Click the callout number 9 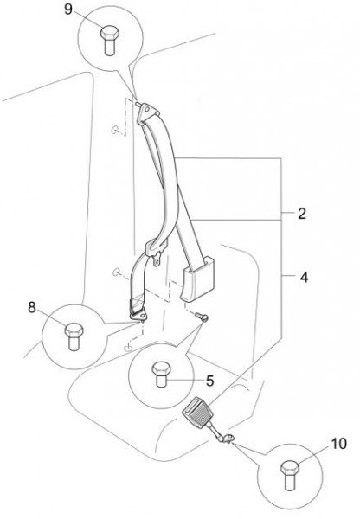tap(67, 9)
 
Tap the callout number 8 tap(32, 307)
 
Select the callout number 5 tap(209, 381)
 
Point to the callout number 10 tap(338, 444)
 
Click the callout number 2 tap(302, 214)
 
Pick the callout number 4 tap(304, 277)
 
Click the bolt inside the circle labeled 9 tap(110, 40)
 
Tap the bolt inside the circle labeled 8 tap(74, 336)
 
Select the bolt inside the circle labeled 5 tap(161, 374)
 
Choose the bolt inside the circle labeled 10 tap(290, 476)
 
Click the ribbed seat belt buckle tap(198, 413)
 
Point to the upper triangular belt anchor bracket tap(147, 114)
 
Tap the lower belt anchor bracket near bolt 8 tap(138, 316)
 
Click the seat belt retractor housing tap(197, 279)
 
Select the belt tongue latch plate tap(156, 251)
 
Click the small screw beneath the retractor tap(202, 317)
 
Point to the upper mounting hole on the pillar tap(114, 130)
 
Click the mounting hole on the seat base tap(128, 348)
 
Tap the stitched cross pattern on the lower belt tap(137, 302)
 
